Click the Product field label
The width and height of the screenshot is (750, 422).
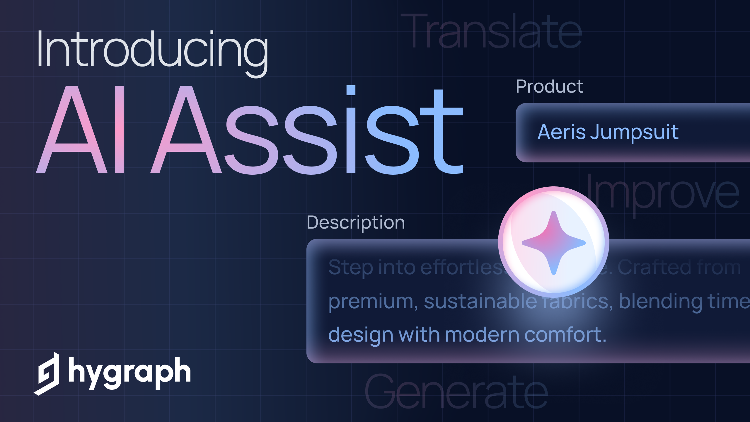tap(549, 86)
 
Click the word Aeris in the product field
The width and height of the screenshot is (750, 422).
tap(561, 132)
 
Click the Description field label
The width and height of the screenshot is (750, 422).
tap(356, 222)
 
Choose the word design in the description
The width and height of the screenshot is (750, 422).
tap(361, 335)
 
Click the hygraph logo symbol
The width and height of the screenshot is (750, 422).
tap(47, 374)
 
